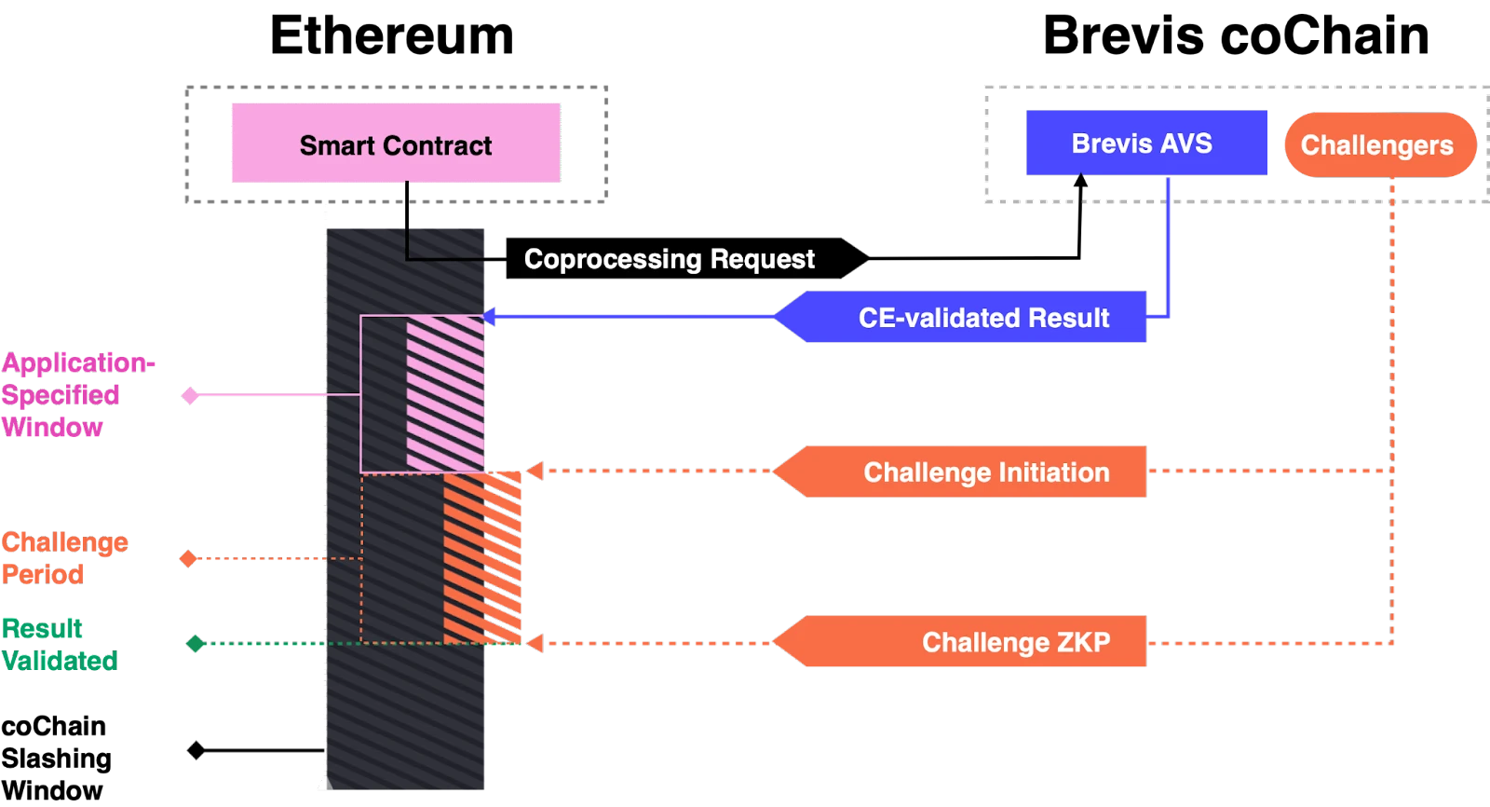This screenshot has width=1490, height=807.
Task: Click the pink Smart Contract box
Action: [398, 143]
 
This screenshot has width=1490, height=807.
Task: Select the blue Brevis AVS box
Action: [1146, 143]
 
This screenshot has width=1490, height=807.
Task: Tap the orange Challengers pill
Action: [1378, 145]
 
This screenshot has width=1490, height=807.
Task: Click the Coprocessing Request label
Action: [669, 259]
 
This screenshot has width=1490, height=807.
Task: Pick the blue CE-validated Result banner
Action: [968, 318]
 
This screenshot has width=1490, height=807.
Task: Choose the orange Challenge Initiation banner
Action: [968, 472]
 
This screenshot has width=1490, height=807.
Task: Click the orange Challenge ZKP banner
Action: [968, 642]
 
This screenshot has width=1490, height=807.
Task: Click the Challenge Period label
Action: [63, 557]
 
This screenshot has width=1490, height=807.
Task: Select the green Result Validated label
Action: [59, 644]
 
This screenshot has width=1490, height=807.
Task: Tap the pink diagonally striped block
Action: [446, 392]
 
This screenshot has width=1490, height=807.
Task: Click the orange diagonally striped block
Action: [481, 557]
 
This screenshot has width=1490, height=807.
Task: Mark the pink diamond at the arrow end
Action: [190, 396]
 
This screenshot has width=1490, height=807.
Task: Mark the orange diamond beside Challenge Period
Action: [188, 558]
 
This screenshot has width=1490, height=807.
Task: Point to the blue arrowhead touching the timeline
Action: [489, 317]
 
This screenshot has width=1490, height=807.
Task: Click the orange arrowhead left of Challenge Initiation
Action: [535, 472]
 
